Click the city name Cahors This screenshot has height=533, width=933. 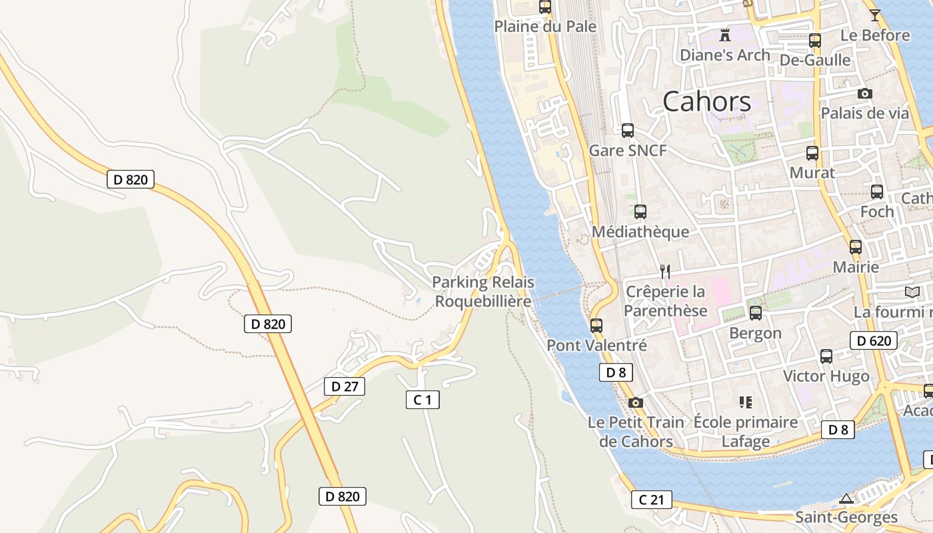[x=706, y=101]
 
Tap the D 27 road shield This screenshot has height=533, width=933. [x=345, y=386]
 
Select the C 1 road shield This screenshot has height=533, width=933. [x=423, y=400]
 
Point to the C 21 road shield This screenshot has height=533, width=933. [x=651, y=500]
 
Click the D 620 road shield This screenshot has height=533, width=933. [x=873, y=341]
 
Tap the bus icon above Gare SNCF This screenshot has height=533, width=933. [x=627, y=130]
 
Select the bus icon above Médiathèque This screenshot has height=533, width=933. [x=640, y=212]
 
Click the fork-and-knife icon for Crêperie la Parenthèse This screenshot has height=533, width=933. [x=664, y=271]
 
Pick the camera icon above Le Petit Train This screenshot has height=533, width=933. [x=636, y=402]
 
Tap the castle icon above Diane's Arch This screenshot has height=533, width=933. [x=724, y=34]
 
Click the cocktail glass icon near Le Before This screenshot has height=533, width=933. [x=875, y=15]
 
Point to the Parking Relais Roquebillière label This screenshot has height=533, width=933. [x=483, y=292]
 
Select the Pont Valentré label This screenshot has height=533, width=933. [x=596, y=345]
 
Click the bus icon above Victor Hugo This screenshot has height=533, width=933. [x=826, y=356]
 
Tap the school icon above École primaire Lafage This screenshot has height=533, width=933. [x=745, y=402]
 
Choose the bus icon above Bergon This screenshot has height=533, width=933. [x=755, y=312]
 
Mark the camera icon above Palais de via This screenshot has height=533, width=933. [x=864, y=93]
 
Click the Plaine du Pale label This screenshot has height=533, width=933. [x=545, y=27]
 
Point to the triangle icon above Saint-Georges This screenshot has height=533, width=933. [x=846, y=498]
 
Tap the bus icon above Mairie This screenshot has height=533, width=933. [x=856, y=247]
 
